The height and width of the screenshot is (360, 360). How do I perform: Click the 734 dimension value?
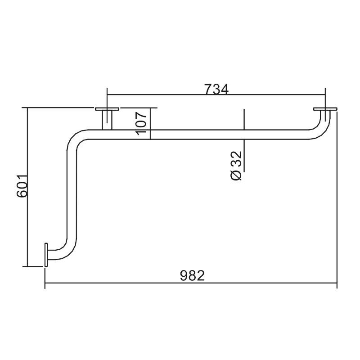click(216, 89)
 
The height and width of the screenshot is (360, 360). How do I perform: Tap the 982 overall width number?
click(192, 275)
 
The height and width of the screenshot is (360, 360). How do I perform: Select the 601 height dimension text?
click(22, 186)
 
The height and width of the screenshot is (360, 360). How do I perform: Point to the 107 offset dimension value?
click(141, 123)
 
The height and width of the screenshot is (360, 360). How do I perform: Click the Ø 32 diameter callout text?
click(237, 166)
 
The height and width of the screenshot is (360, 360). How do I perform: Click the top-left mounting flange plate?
click(107, 109)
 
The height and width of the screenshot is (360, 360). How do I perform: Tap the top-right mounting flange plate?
click(325, 109)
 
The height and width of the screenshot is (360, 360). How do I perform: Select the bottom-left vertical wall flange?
click(46, 255)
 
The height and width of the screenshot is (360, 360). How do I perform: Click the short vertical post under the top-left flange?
click(107, 120)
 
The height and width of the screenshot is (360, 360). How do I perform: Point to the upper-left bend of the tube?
click(76, 139)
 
